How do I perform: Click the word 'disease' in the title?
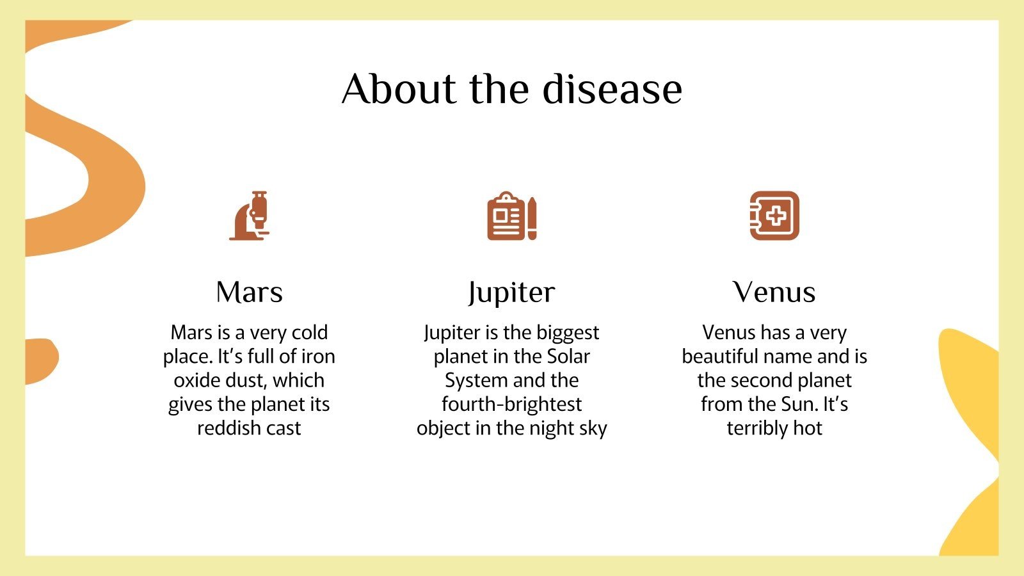pyautogui.click(x=612, y=89)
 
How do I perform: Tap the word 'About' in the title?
pyautogui.click(x=398, y=89)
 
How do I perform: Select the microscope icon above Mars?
pyautogui.click(x=250, y=216)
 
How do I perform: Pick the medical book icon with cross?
pyautogui.click(x=774, y=216)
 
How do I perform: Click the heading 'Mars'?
pyautogui.click(x=249, y=292)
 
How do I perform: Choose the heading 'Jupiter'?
pyautogui.click(x=511, y=292)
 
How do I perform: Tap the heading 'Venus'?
pyautogui.click(x=774, y=292)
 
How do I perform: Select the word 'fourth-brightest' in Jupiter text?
pyautogui.click(x=511, y=404)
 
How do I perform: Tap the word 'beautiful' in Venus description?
pyautogui.click(x=719, y=356)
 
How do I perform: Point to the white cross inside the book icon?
pyautogui.click(x=776, y=216)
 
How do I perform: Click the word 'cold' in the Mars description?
pyautogui.click(x=310, y=333)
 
